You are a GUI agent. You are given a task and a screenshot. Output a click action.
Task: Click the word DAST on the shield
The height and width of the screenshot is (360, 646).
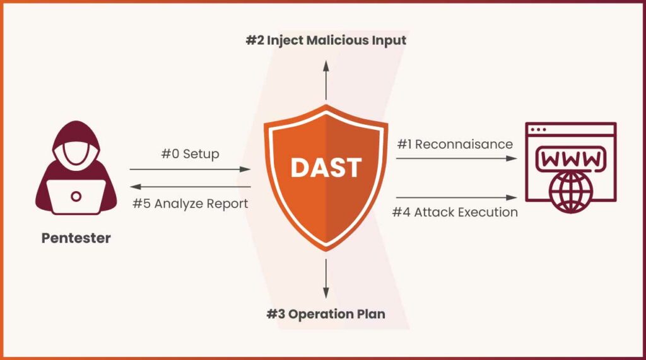(326, 168)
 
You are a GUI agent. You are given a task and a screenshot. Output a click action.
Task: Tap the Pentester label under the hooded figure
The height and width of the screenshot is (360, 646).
(76, 238)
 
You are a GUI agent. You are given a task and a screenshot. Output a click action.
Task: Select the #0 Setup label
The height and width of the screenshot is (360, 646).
(190, 154)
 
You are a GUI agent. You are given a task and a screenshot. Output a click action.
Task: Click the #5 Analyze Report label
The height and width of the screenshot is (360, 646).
(191, 204)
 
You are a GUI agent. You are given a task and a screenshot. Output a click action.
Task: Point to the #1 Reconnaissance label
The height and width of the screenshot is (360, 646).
(455, 144)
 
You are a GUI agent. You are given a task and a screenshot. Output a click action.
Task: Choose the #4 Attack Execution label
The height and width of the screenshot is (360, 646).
(455, 212)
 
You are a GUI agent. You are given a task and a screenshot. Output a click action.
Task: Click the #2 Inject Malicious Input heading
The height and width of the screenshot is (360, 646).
(326, 40)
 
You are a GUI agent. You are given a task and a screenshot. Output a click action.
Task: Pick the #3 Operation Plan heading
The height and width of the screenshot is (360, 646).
(326, 314)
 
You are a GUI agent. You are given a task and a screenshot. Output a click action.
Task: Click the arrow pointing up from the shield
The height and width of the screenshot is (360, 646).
(326, 80)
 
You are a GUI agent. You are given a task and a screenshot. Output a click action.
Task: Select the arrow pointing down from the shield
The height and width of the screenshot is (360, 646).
(326, 279)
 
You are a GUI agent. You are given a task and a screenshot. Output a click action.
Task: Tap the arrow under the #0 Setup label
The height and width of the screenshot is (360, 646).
(190, 169)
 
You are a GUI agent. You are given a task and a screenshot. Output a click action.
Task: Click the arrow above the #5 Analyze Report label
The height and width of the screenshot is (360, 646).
(191, 187)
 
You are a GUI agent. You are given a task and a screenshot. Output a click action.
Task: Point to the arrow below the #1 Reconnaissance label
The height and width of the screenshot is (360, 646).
(457, 158)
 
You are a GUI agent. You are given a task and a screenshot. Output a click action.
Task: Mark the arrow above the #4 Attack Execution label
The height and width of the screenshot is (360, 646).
(457, 198)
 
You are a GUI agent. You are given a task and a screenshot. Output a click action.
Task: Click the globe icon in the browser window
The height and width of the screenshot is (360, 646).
(570, 192)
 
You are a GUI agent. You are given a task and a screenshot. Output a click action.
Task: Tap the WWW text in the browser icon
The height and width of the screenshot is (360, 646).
(570, 160)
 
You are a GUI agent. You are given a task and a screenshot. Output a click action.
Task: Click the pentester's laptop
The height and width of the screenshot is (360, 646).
(76, 197)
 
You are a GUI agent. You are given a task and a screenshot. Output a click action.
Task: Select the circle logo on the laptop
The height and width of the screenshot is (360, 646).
(76, 197)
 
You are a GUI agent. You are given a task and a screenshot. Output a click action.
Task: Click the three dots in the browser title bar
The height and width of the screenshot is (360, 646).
(539, 130)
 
